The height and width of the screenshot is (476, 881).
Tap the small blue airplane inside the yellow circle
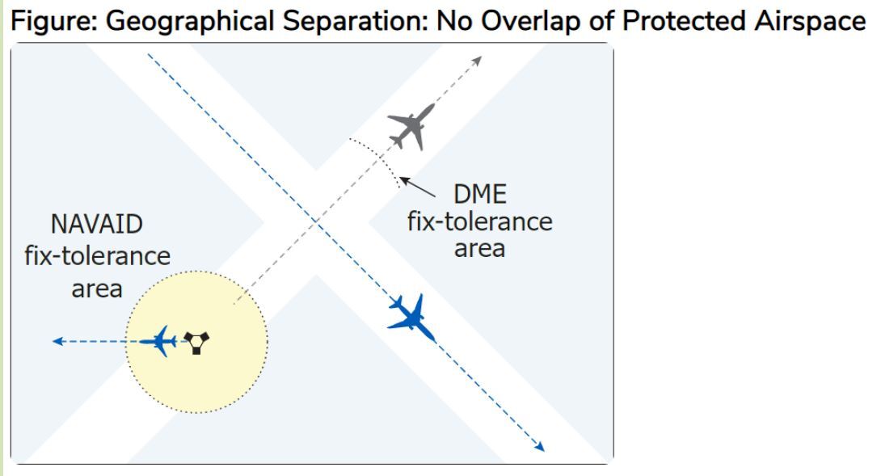pos(162,341)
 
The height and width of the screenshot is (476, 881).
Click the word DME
pos(479,195)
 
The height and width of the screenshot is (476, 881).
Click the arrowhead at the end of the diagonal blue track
pos(540,446)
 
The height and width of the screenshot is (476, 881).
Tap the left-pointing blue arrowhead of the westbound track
pos(57,342)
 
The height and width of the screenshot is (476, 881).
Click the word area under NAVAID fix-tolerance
pos(98,289)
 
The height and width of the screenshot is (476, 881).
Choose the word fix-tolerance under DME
pos(479,221)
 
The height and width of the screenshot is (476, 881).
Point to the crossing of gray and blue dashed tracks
pos(315,220)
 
